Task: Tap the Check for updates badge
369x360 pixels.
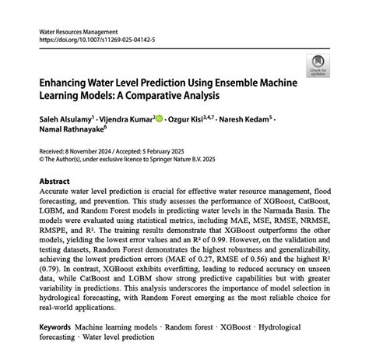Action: [318, 65]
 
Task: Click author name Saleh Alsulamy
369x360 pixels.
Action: [65, 119]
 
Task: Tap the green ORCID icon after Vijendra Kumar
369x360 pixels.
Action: [160, 119]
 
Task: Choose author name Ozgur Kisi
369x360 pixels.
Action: [192, 119]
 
